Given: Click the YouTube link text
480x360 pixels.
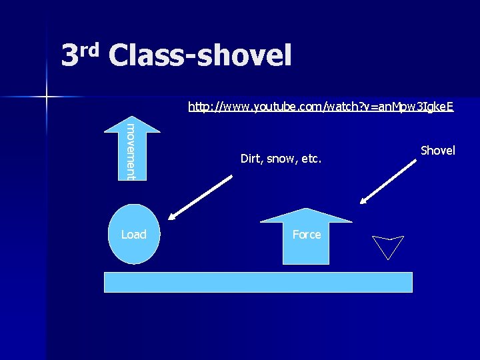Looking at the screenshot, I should coord(321,107).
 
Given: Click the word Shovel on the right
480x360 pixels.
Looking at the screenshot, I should coord(438,151).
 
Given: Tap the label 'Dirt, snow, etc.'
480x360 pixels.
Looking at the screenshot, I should coord(281,159).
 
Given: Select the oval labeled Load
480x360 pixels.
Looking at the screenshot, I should coord(134,234).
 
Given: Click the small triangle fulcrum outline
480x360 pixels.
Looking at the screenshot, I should coord(387,246).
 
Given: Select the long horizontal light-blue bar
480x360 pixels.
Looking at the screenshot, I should coord(259,282).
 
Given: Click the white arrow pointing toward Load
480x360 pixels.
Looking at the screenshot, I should coord(200,197).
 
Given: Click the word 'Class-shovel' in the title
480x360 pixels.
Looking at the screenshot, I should coord(200,56).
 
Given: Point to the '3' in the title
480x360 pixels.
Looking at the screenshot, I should coord(70,56).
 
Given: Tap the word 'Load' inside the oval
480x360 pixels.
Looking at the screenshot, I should coord(134,234).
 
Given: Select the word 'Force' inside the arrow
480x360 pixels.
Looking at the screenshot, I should coord(306,235).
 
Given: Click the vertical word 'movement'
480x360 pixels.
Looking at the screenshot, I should coord(131,151).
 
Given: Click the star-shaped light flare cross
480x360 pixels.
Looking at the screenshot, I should coord(47,97).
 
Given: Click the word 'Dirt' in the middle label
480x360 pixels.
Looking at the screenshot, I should coord(251,159).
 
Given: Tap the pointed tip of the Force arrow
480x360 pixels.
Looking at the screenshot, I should coord(306,211).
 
